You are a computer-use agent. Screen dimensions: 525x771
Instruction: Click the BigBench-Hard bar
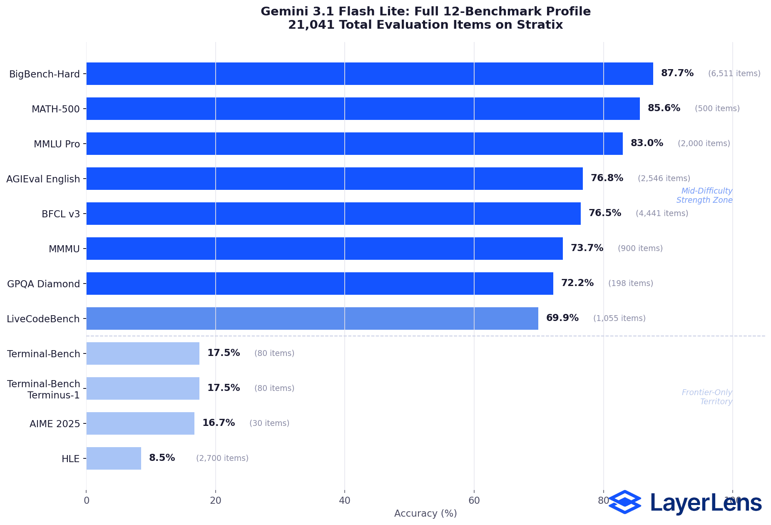point(369,74)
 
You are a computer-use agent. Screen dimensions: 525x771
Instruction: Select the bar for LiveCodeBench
point(312,318)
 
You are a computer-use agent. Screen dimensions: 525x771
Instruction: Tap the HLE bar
point(114,458)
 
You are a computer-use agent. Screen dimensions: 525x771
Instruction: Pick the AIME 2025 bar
point(140,423)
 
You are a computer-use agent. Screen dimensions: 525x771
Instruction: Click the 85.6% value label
point(664,108)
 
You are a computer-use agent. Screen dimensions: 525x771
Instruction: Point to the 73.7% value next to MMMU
point(587,248)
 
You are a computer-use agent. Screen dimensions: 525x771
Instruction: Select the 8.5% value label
point(162,458)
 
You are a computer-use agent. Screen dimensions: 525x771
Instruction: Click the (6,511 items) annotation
point(734,74)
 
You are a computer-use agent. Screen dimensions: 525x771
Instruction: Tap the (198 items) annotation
point(630,284)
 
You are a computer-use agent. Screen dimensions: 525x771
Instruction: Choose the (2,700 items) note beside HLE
point(222,458)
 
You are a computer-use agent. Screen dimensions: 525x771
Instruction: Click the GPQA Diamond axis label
point(43,284)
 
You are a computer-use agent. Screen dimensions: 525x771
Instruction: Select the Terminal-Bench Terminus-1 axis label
point(44,389)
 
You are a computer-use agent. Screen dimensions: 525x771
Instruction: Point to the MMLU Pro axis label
point(57,144)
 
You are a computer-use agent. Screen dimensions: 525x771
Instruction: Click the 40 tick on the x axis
point(344,500)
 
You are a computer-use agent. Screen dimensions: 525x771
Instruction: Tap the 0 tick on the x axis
point(86,500)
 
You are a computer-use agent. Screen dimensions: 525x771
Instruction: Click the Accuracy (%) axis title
point(425,513)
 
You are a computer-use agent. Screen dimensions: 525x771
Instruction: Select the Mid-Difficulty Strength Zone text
point(704,196)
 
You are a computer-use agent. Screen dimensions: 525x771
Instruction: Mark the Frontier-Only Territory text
point(706,397)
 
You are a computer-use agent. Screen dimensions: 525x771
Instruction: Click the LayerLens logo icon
point(624,502)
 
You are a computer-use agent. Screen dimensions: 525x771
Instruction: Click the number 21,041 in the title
point(311,25)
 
